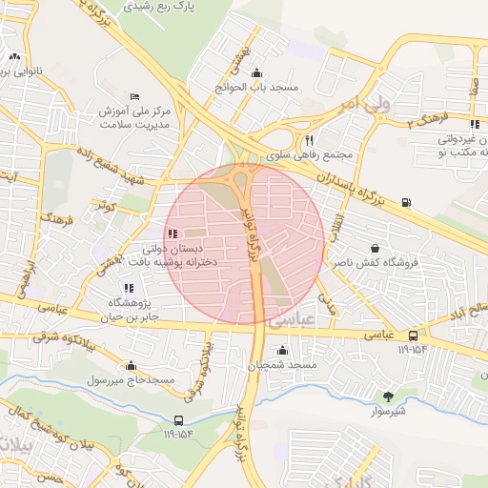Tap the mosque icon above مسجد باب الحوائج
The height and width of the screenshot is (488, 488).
(x=255, y=73)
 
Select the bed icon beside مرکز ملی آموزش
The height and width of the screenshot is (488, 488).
(x=133, y=97)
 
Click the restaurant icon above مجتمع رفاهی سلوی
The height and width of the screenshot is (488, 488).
(x=307, y=138)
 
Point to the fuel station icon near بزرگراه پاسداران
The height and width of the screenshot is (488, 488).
(x=407, y=202)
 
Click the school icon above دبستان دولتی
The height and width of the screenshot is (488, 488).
(x=172, y=234)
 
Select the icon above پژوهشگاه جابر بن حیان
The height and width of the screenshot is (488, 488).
(x=129, y=289)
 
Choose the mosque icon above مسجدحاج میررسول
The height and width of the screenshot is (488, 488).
(x=131, y=366)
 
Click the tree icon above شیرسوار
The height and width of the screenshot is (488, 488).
(x=387, y=396)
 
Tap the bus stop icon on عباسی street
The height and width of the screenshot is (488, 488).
(x=413, y=335)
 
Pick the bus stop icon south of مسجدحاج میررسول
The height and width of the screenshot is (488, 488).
(x=178, y=420)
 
